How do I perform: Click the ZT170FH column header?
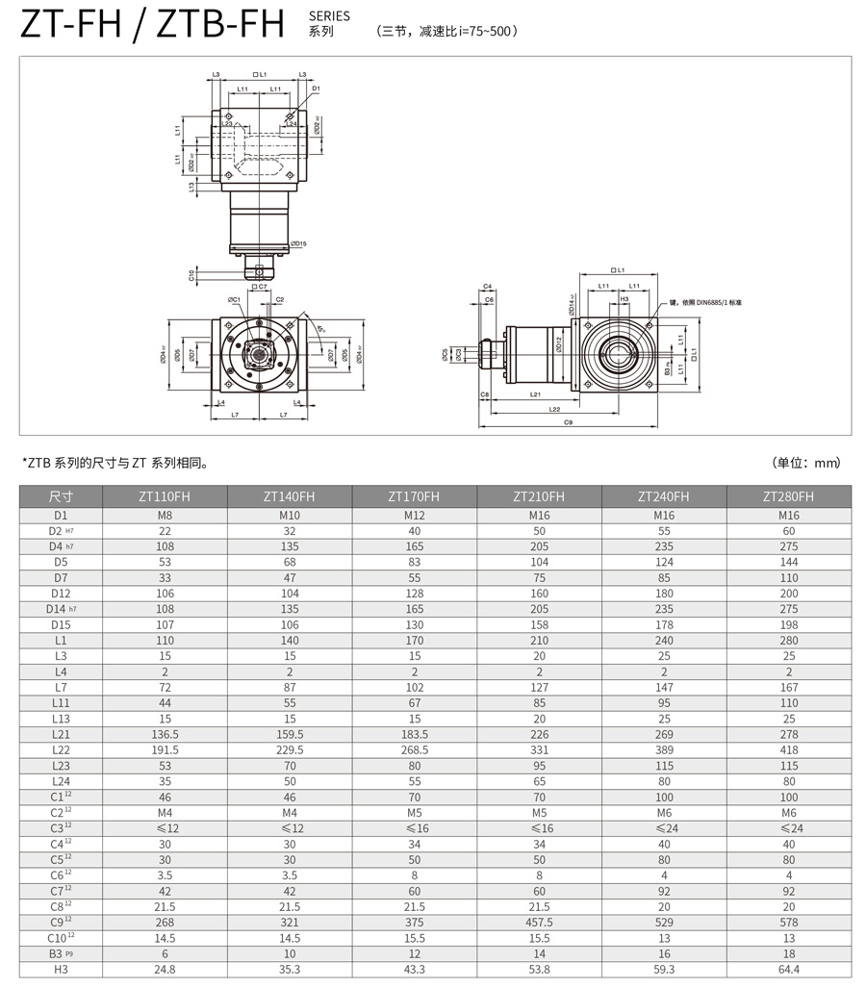coord(414,496)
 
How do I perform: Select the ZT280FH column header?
coord(788,496)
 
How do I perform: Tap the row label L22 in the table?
coord(61,750)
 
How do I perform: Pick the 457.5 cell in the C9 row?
coord(539,922)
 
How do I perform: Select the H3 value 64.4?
coord(788,969)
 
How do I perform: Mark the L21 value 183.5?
coord(414,734)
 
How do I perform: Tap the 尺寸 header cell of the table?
coord(61,496)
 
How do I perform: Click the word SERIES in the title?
coord(329,16)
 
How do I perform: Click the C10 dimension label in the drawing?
coord(192,275)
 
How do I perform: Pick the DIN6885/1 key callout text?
coord(707,303)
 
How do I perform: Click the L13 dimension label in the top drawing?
coord(192,189)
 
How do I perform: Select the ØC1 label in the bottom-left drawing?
coord(234,299)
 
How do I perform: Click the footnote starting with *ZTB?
coord(115,463)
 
